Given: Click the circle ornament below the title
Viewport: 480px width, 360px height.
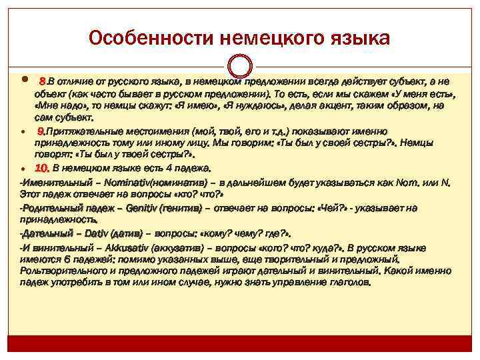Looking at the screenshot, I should (240, 65).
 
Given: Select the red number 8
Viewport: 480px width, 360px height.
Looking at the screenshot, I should (42, 81).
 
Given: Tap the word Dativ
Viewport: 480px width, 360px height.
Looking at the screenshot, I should (96, 233).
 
